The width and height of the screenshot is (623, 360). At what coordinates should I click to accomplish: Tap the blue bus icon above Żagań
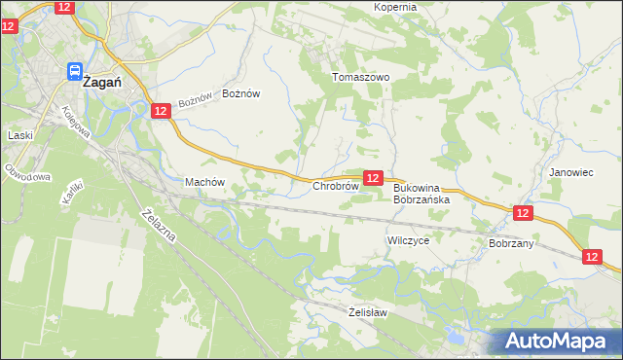coord(74,70)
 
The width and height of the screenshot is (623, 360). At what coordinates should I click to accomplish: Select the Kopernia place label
coord(394,7)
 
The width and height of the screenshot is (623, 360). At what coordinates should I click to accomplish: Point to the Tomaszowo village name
coord(360,77)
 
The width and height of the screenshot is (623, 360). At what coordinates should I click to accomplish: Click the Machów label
coord(204,182)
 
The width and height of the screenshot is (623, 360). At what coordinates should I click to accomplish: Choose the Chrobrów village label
coord(336,186)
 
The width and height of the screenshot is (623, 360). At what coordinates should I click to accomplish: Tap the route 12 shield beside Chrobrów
coord(372,178)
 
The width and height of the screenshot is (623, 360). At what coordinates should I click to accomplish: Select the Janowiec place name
coord(570,172)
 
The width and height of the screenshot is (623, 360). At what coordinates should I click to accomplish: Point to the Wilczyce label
coord(408,239)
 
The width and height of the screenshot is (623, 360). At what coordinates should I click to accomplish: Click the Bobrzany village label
coord(511,243)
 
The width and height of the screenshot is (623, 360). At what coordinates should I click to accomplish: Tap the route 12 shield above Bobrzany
coord(523,213)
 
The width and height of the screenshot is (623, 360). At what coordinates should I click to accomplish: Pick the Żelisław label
coord(368,312)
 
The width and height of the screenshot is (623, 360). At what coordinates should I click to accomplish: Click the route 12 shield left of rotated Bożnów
coord(162,112)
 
